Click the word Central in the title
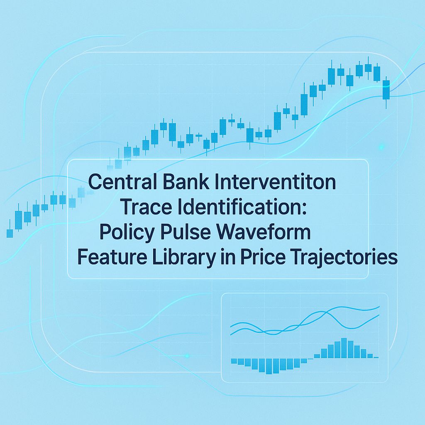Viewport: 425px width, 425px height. tap(116, 182)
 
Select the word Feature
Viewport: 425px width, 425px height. tap(105, 258)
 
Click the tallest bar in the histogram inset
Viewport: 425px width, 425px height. tap(344, 348)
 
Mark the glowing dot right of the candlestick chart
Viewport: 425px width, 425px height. tap(381, 147)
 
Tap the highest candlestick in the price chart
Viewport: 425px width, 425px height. tap(368, 68)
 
